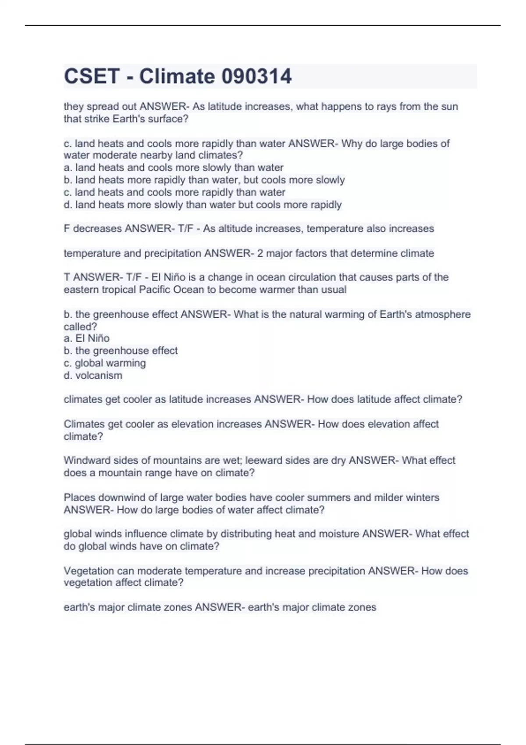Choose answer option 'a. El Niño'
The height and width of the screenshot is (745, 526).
[87, 338]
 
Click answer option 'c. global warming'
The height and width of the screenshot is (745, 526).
[105, 363]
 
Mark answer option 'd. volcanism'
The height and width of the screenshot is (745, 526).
[93, 376]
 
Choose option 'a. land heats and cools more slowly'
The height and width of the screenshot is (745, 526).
[174, 167]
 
